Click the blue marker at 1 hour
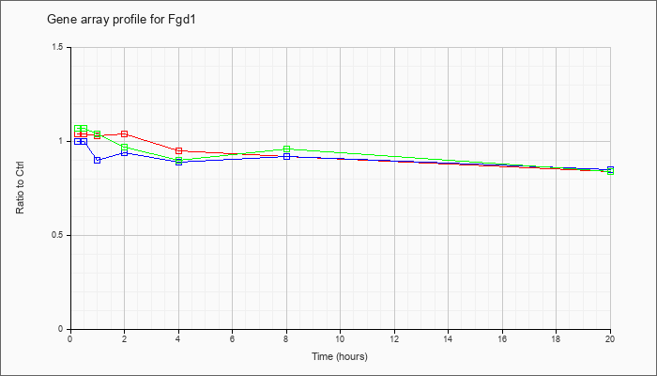98,160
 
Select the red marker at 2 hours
124,133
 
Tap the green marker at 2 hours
124,148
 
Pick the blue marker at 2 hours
124,152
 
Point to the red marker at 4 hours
179,150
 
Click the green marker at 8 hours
286,149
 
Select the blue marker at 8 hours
286,157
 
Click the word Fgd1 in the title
186,20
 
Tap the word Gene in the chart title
56,20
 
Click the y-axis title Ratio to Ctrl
20,187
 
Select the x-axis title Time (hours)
340,356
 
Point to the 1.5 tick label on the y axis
58,47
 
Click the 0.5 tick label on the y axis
58,235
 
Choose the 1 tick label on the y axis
61,141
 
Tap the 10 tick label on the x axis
340,338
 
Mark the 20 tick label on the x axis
610,338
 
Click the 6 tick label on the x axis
232,338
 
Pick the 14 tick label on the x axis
448,338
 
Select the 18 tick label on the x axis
556,338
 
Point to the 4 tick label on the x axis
178,338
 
